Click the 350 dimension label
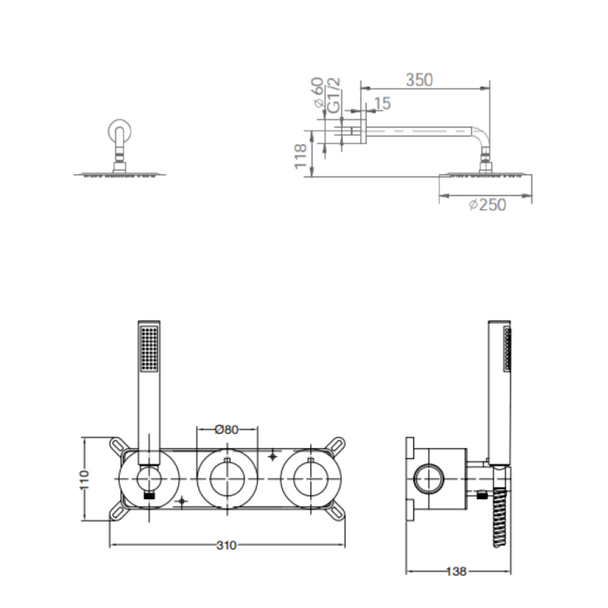pos(419,80)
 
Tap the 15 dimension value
pos(382,103)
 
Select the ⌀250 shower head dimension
pos(488,205)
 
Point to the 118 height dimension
pos(301,156)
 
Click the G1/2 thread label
pos(333,95)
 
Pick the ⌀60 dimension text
pos(317,92)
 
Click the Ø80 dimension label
pos(226,430)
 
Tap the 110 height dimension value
pos(84,480)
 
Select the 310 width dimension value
pos(226,545)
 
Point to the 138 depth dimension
pos(457,571)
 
